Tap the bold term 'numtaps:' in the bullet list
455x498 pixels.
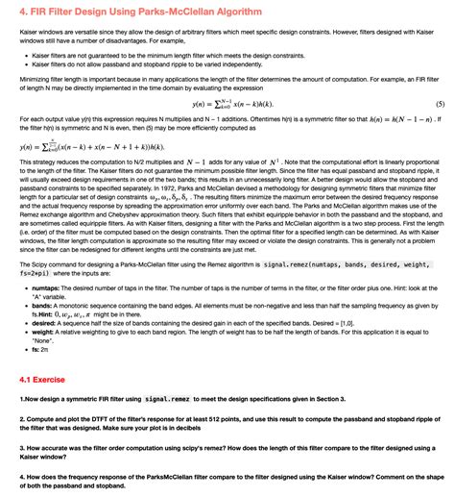tap(51, 288)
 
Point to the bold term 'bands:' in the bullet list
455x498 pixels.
tap(47, 306)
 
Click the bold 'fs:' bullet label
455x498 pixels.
tap(39, 350)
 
